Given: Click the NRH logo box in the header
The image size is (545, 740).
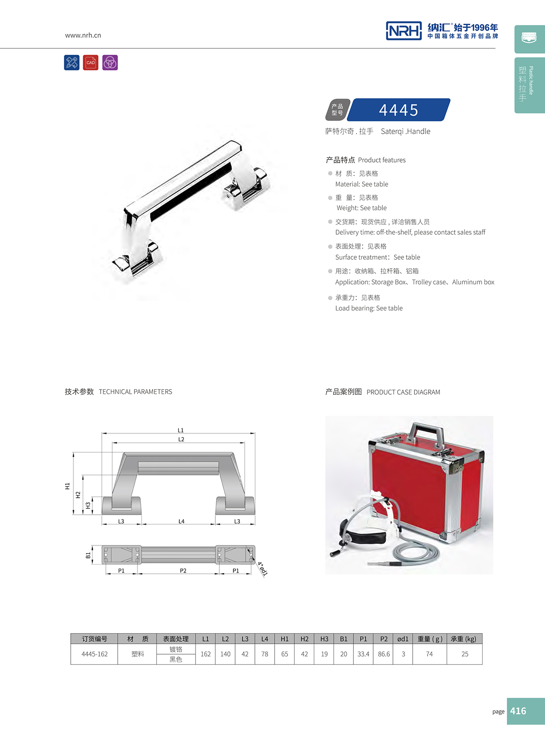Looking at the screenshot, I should point(403,31).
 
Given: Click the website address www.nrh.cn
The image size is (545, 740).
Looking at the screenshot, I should point(83,35).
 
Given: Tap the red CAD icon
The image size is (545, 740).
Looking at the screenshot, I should point(91,62).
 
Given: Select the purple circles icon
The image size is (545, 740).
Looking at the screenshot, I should point(110,62).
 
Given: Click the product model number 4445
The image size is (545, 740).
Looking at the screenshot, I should point(398,110).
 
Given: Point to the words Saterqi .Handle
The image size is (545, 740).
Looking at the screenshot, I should point(405,131).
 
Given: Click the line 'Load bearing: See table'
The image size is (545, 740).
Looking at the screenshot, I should point(369,308).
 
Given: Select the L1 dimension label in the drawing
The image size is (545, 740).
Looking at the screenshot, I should point(181,430).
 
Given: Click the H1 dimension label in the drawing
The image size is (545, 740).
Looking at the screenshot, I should point(67,486).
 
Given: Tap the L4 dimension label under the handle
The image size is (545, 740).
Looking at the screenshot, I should point(181,521).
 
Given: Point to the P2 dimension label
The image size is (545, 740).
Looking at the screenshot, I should point(183,570).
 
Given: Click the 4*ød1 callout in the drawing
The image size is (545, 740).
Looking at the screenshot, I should point(262,569).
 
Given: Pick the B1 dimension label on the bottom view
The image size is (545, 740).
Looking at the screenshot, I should point(88,555).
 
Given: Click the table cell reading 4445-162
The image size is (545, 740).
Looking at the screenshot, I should point(94,654).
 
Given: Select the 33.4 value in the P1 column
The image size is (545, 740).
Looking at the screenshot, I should point(363,654).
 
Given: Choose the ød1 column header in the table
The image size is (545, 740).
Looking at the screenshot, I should point(403,639).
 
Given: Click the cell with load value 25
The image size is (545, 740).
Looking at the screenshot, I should point(465,654).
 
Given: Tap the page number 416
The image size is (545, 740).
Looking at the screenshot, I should point(518,711).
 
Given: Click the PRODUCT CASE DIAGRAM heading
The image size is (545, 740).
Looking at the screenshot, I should point(403,392).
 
